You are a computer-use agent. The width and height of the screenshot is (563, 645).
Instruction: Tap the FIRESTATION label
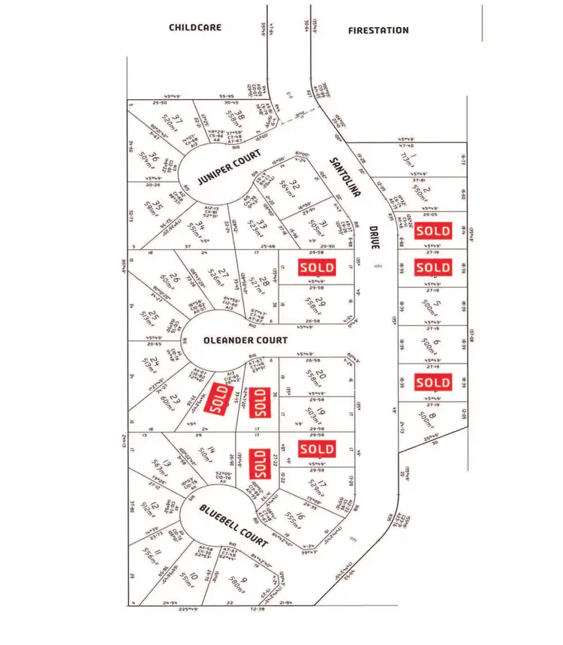coord(379,30)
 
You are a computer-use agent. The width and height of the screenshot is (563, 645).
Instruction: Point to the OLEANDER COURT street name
coord(245,340)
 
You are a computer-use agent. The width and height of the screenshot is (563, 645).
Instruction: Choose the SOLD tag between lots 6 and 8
coord(433,383)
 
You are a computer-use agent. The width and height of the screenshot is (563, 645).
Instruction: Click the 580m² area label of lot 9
coord(234,583)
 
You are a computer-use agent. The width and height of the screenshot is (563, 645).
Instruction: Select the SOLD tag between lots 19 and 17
coord(317,449)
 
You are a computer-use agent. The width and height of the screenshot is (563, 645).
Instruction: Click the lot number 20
coord(321,375)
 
